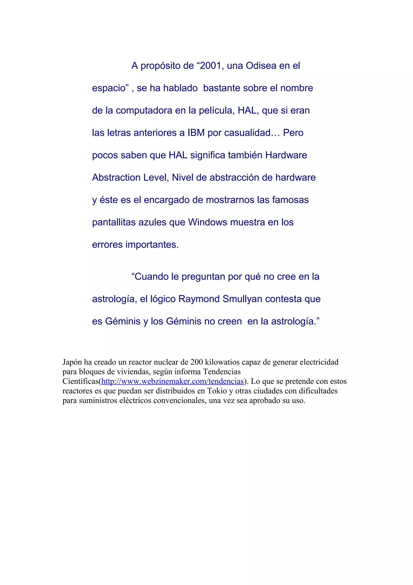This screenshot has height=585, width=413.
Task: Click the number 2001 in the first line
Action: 211,66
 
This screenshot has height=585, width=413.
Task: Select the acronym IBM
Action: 196,133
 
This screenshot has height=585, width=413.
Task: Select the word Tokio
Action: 217,391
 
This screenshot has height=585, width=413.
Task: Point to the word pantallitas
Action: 114,222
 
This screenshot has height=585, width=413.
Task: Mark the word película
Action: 217,111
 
